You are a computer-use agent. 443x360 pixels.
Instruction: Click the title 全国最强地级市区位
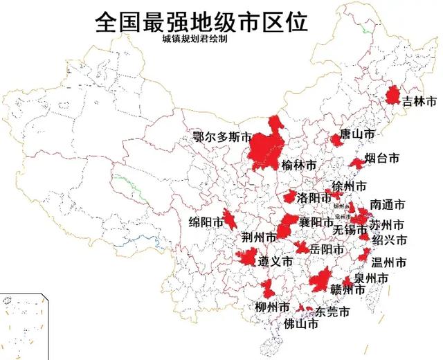(201, 21)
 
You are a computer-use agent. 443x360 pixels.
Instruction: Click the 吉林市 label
(420, 102)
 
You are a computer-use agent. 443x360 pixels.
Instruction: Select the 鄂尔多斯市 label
(221, 137)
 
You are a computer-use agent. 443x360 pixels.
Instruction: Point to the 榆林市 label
(299, 165)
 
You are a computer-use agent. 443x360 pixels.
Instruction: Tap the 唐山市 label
(359, 134)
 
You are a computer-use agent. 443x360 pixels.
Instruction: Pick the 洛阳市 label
(313, 198)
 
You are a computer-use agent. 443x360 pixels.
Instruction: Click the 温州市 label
(388, 262)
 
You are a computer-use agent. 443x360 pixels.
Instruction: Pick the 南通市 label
(387, 205)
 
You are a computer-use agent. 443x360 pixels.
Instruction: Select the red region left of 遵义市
(246, 259)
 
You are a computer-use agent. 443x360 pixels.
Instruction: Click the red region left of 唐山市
(336, 140)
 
